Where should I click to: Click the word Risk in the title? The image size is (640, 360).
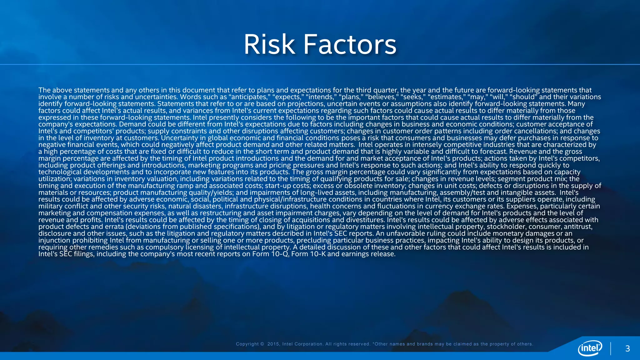tap(269, 44)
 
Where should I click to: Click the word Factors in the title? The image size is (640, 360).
tap(350, 44)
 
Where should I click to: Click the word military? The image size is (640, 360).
tap(50, 206)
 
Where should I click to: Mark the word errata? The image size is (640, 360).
tap(114, 227)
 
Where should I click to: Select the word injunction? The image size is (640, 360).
tap(54, 241)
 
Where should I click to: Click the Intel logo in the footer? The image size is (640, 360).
tap(590, 348)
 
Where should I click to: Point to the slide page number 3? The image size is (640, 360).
tap(627, 349)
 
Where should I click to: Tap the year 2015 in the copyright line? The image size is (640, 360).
tap(273, 344)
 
